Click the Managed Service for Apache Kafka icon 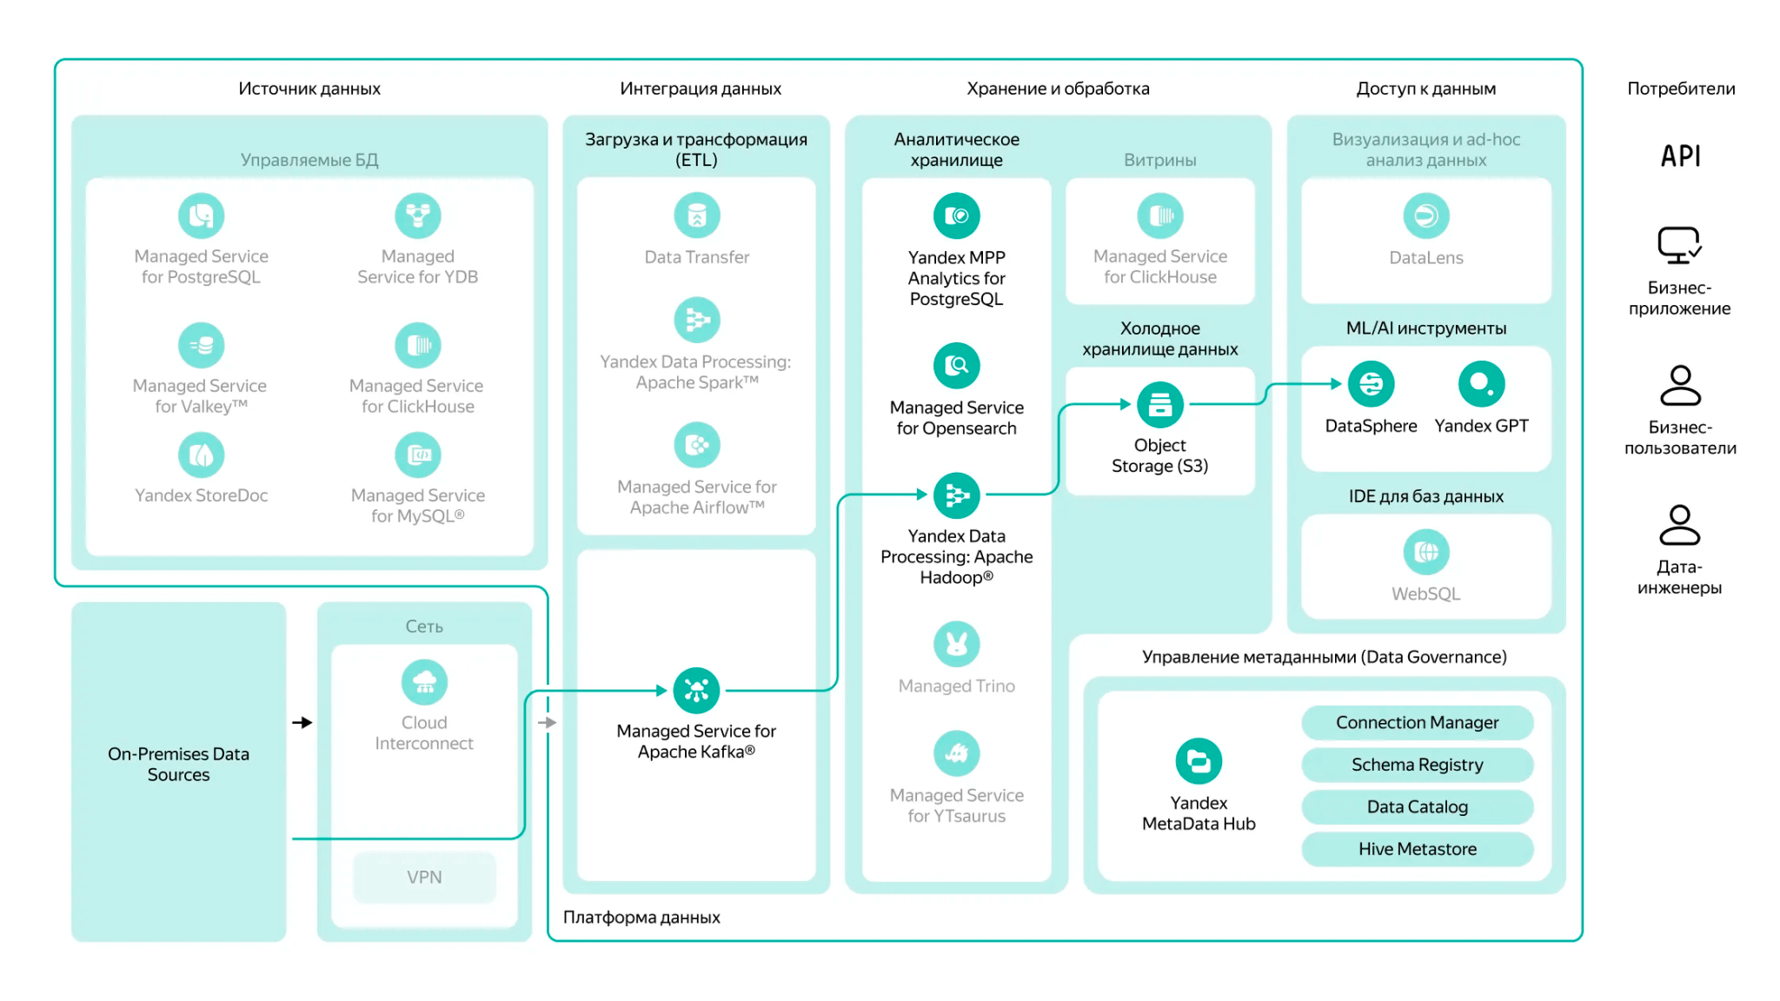(x=696, y=691)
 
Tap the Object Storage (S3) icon (x=1159, y=404)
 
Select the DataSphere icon (x=1371, y=384)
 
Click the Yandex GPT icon (x=1481, y=384)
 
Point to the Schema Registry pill (x=1417, y=765)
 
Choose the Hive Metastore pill (x=1417, y=849)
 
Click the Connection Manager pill (x=1417, y=722)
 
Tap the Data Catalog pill (x=1417, y=806)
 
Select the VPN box (x=424, y=878)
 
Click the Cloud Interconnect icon (x=424, y=682)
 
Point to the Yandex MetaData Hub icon (x=1199, y=761)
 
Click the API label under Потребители (x=1680, y=156)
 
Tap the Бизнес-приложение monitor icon (x=1679, y=245)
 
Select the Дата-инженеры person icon (x=1679, y=525)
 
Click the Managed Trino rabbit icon (x=956, y=644)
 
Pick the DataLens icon (x=1425, y=215)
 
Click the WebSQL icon (x=1425, y=552)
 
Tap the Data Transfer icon (x=696, y=215)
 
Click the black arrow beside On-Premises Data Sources (x=302, y=722)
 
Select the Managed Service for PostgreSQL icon (x=201, y=215)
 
